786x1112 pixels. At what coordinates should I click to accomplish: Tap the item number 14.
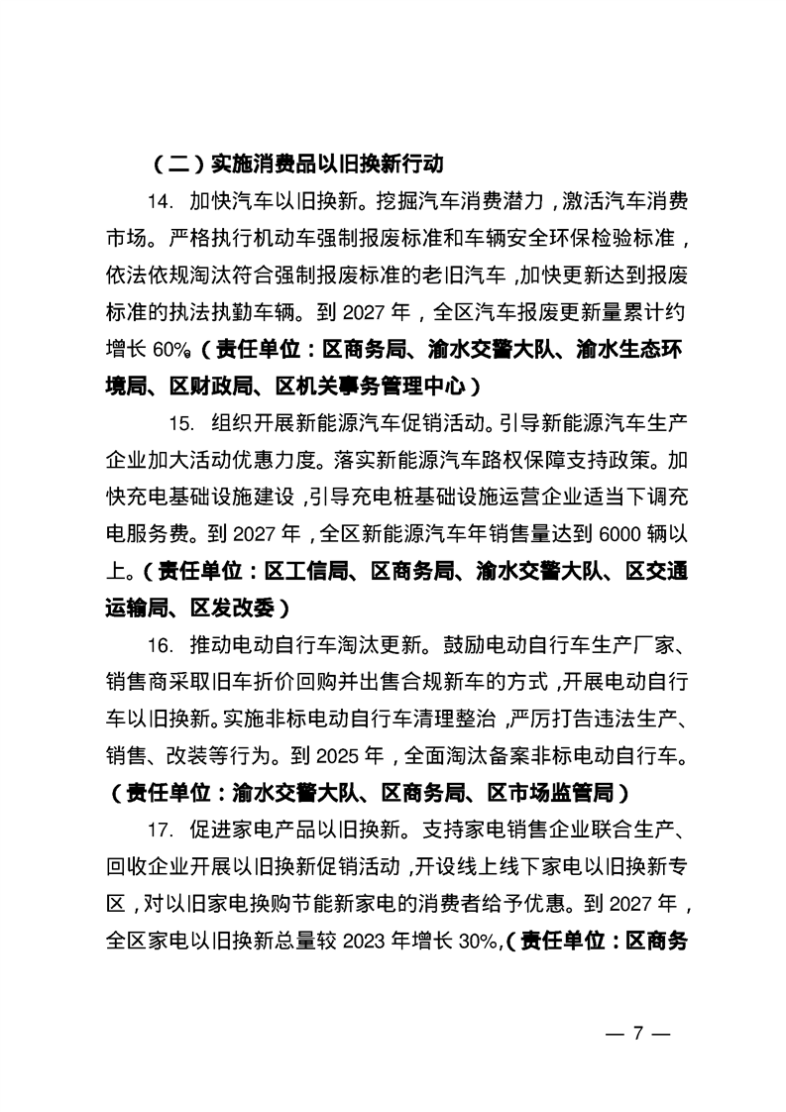161,201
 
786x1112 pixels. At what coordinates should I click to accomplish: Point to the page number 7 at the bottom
639,1033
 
